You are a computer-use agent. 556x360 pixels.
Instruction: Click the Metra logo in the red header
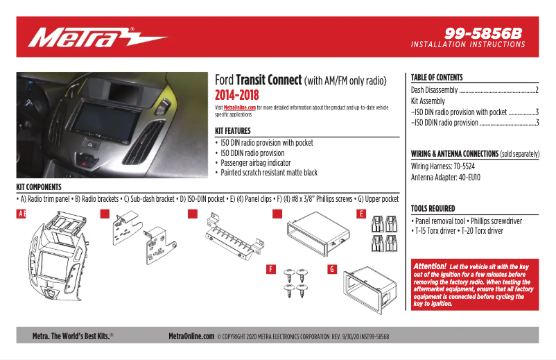(x=97, y=37)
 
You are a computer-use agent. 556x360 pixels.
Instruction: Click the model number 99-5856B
(x=483, y=33)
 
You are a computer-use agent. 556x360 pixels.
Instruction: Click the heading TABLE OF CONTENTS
(x=437, y=78)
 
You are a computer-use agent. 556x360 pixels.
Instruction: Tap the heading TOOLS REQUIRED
(x=433, y=208)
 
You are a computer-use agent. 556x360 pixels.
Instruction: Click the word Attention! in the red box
(x=430, y=266)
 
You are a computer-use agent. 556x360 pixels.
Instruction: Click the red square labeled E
(x=361, y=214)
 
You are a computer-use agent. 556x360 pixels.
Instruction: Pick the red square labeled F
(x=271, y=268)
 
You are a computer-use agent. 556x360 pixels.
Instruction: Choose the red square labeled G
(x=332, y=268)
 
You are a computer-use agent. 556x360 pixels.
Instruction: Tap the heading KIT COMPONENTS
(x=39, y=187)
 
